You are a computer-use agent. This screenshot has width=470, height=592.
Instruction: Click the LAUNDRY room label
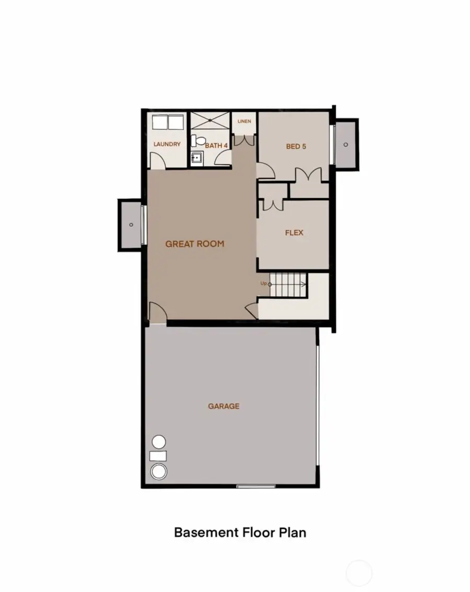click(167, 145)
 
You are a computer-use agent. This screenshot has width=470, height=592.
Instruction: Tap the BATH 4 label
click(216, 146)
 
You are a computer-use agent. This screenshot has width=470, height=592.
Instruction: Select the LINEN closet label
click(244, 121)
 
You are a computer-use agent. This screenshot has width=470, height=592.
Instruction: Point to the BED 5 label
click(296, 146)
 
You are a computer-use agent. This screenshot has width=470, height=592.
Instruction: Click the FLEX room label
click(294, 233)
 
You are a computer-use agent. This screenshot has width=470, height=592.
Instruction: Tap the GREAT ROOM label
click(195, 243)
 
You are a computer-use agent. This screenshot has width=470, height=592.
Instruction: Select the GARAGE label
click(224, 406)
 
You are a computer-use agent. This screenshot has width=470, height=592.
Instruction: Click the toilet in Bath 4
click(196, 141)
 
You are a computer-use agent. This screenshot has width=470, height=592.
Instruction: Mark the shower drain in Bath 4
click(209, 121)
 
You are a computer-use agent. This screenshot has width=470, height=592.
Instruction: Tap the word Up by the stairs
click(264, 283)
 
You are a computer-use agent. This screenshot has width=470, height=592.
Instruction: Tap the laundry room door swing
click(158, 160)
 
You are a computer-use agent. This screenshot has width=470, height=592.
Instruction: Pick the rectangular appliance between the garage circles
click(158, 456)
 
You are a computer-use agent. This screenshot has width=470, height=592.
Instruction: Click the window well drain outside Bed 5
click(346, 144)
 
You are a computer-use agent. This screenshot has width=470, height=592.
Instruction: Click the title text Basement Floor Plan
click(240, 532)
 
